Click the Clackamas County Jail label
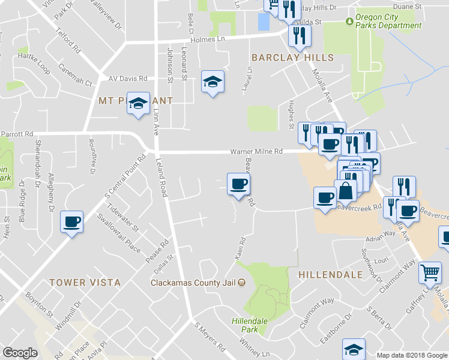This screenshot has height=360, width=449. click(193, 282)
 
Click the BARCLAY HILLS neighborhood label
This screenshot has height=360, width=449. click(292, 58)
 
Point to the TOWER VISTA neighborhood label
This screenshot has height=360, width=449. click(85, 282)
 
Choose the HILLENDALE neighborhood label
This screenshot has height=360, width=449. click(330, 274)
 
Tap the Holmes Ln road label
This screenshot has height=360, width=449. click(207, 40)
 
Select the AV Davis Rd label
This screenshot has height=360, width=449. click(128, 79)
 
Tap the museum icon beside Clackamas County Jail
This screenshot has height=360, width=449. click(241, 282)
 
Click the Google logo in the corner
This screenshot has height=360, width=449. click(20, 353)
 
